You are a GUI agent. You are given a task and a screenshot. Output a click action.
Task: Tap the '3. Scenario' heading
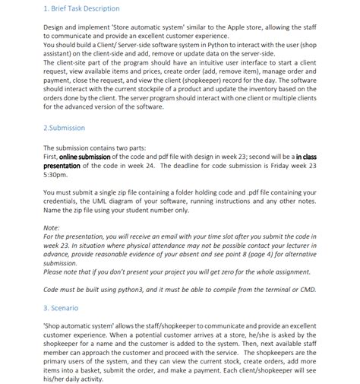pyautogui.click(x=61, y=308)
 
